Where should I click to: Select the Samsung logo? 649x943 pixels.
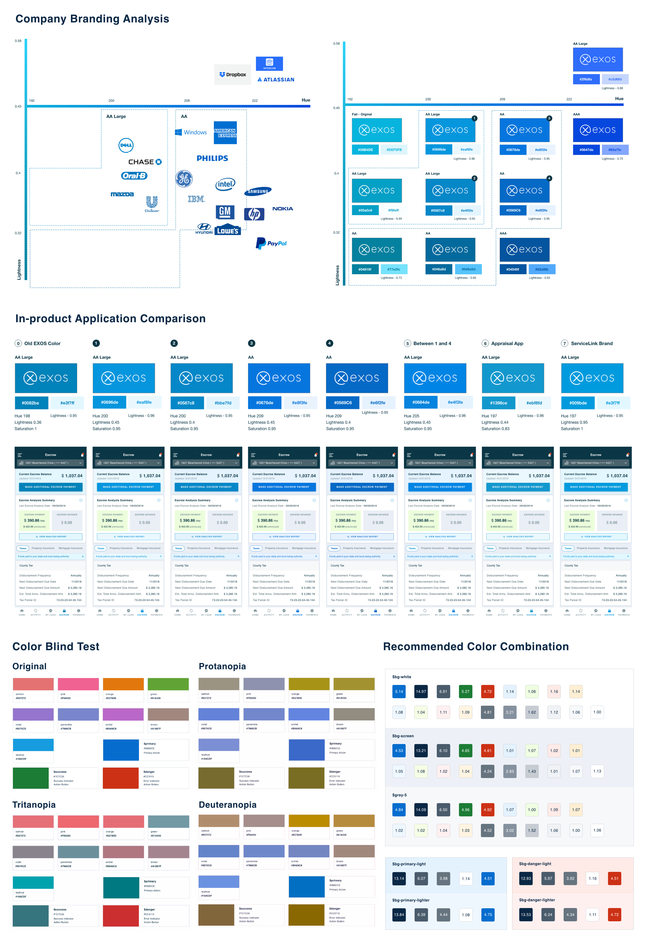[258, 191]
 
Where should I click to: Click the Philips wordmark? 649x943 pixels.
[212, 158]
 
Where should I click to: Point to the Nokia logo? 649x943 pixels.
[283, 209]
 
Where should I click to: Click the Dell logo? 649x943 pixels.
[126, 145]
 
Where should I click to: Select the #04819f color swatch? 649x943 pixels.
[365, 269]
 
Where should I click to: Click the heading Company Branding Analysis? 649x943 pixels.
[92, 19]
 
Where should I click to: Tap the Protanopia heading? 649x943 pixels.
[222, 666]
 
